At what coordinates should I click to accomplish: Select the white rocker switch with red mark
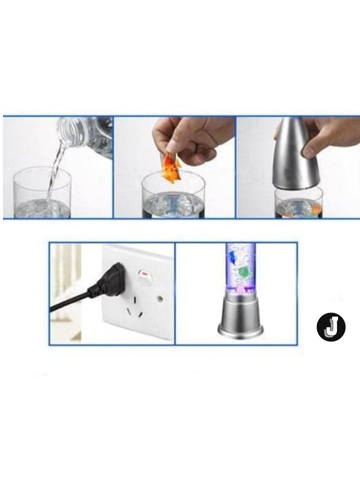(145, 282)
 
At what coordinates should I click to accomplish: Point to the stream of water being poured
(54, 170)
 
